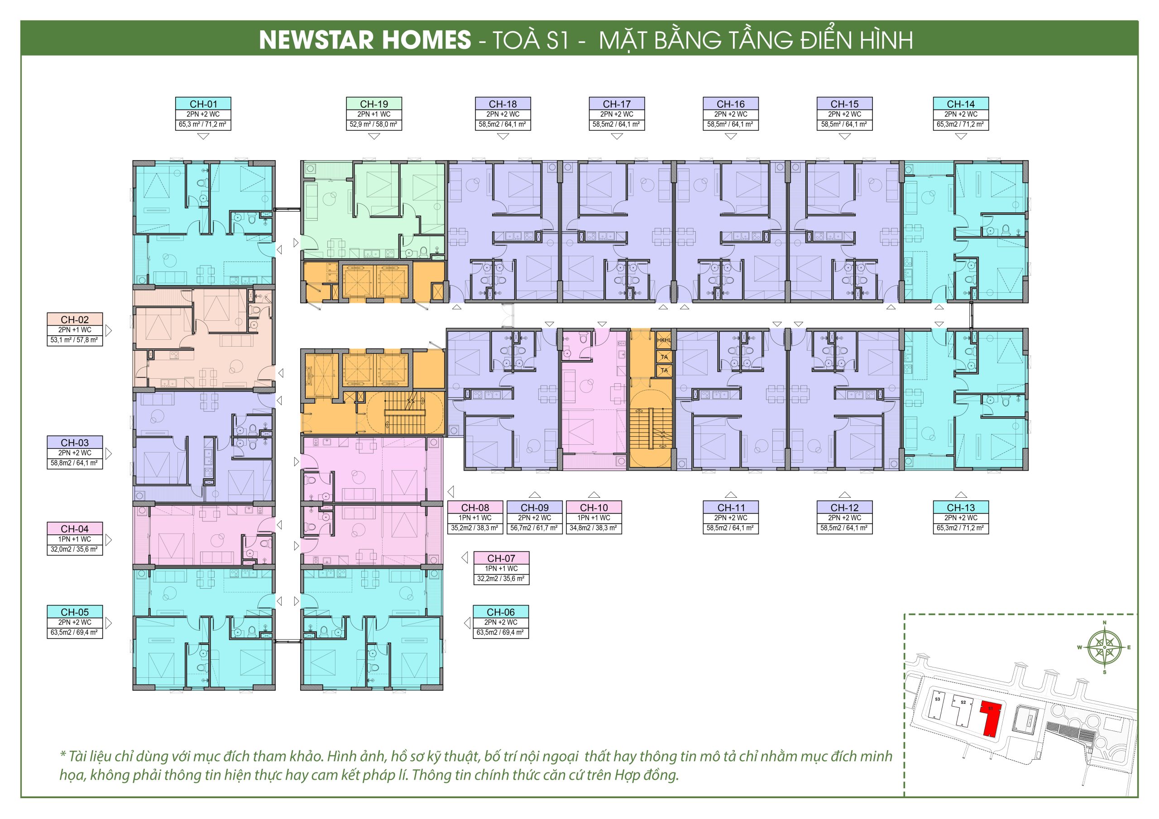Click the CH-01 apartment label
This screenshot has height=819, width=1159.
click(203, 104)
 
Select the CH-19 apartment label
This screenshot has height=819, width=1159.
click(374, 104)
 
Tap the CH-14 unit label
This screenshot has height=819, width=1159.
click(961, 104)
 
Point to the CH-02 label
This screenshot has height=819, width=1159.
click(75, 319)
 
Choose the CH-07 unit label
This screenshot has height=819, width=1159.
click(501, 558)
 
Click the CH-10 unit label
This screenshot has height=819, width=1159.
click(594, 508)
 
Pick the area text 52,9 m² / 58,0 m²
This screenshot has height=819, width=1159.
click(374, 124)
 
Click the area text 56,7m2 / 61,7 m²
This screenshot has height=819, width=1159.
click(535, 528)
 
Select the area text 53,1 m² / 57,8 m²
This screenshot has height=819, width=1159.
click(75, 340)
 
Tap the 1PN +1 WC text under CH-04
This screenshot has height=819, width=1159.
click(75, 539)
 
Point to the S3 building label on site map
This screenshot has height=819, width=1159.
click(938, 700)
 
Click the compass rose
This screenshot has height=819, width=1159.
click(1105, 648)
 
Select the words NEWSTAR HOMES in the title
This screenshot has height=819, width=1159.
click(365, 40)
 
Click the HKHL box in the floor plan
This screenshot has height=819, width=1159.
click(664, 340)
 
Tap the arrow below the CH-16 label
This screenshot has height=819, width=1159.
click(730, 136)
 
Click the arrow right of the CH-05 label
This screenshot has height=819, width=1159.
click(109, 623)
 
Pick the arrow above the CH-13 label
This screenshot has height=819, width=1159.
click(961, 495)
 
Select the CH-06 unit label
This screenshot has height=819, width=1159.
click(501, 612)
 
